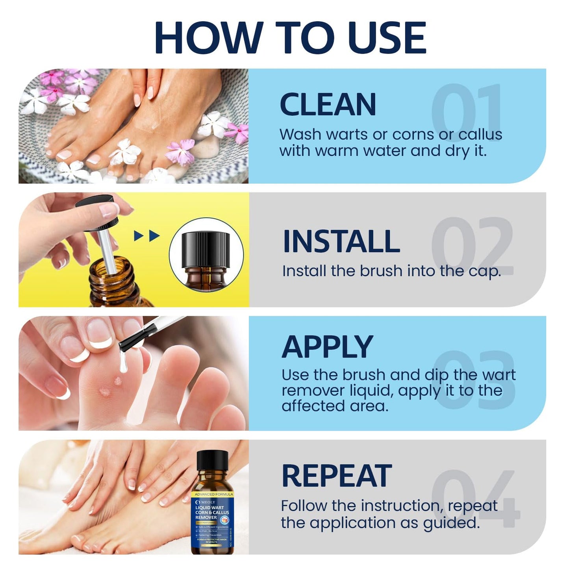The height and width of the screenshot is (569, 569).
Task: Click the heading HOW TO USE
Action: tap(290, 38)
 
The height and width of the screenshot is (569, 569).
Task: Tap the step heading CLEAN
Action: tap(328, 105)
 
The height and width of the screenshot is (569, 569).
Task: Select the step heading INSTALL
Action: tap(341, 241)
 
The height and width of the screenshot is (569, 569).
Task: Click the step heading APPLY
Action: tap(327, 347)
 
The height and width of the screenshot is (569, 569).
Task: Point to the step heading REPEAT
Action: tap(336, 476)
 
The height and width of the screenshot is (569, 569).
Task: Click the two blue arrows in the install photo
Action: tap(146, 236)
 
